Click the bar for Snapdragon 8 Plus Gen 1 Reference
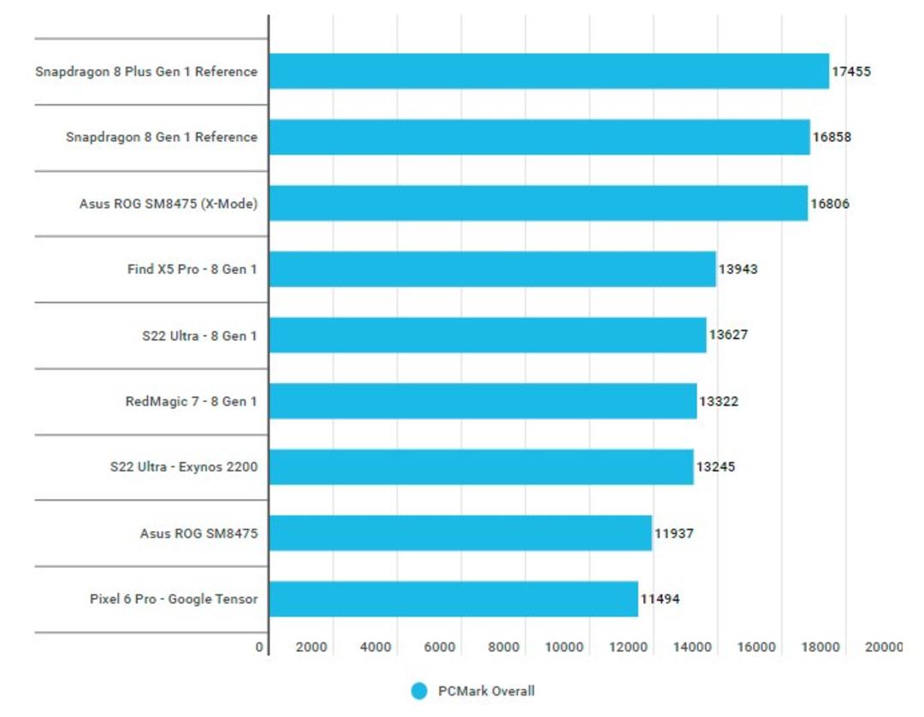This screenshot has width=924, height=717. click(x=549, y=71)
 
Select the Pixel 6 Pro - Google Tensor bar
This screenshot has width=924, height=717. click(x=453, y=599)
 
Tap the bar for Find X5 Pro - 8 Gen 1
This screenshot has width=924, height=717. click(x=493, y=270)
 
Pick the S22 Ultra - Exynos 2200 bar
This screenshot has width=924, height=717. click(x=482, y=466)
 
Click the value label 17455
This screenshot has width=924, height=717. click(x=851, y=71)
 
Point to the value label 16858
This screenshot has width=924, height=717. click(x=832, y=137)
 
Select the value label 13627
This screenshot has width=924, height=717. click(x=728, y=335)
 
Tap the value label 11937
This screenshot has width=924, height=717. click(x=674, y=533)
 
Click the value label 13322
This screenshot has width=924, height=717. click(x=719, y=401)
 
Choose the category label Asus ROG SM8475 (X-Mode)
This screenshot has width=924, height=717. click(x=169, y=204)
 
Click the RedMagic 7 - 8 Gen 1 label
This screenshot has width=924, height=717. click(x=191, y=401)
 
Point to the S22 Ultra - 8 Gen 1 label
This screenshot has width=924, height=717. click(x=199, y=335)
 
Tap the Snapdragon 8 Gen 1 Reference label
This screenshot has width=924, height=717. click(x=162, y=137)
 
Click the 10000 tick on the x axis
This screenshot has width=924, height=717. click(x=564, y=647)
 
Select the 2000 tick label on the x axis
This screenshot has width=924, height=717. click(x=311, y=647)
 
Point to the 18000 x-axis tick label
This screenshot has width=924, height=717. click(x=820, y=647)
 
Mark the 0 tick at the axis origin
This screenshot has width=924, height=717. click(x=259, y=647)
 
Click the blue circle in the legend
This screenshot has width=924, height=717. click(x=419, y=691)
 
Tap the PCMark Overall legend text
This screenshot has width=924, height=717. click(x=486, y=691)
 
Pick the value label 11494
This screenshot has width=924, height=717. click(x=660, y=599)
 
